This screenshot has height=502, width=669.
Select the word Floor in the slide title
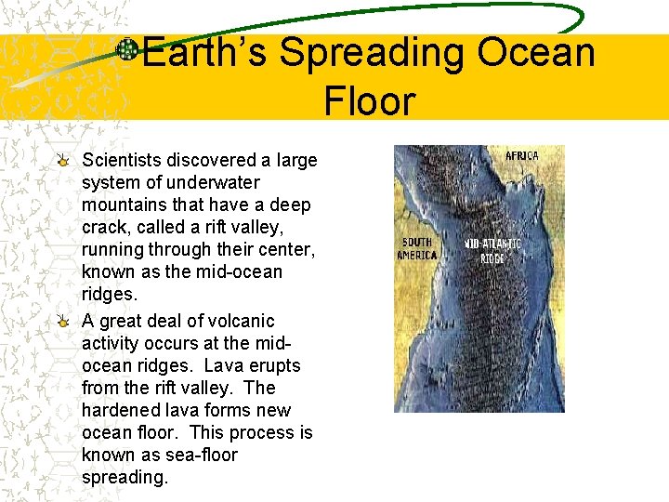369,99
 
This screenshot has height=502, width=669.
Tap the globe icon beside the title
127,50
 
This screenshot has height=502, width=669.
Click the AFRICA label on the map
521,156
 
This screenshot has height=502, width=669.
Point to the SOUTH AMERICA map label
416,249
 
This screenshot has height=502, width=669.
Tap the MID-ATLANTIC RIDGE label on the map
492,251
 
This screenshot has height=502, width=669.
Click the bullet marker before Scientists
62,161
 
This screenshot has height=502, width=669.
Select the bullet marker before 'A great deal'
62,321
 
